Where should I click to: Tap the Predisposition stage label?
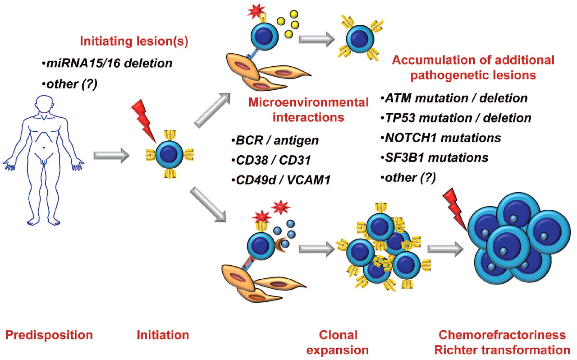49,335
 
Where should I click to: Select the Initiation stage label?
163,335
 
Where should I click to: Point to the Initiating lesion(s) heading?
134,42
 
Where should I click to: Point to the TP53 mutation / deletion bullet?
455,118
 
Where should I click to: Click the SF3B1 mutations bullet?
435,157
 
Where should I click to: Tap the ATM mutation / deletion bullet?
453,97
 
